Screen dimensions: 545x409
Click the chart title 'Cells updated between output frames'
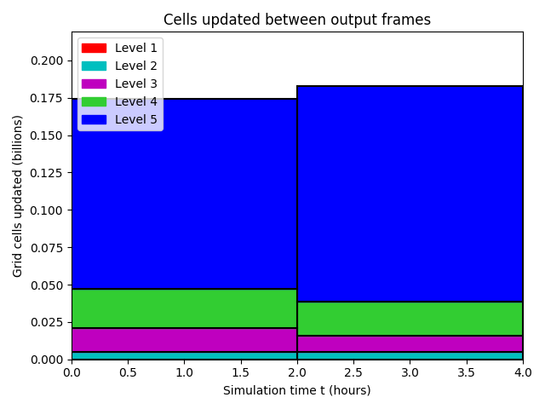click(297, 20)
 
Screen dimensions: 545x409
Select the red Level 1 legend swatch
click(94, 48)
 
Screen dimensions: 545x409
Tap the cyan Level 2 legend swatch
click(94, 66)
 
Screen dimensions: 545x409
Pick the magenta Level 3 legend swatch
click(94, 84)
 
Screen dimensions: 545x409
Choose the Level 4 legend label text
click(136, 101)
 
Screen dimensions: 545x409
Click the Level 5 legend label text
click(136, 119)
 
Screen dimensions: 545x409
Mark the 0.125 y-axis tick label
click(47, 173)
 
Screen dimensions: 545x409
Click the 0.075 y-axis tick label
click(47, 248)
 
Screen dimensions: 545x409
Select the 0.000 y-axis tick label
click(47, 360)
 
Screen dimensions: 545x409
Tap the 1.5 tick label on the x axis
click(240, 373)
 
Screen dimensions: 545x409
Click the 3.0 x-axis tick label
click(410, 373)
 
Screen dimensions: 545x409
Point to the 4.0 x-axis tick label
click(523, 373)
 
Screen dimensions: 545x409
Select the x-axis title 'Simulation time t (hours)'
click(297, 390)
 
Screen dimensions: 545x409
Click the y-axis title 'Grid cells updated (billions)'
click(17, 196)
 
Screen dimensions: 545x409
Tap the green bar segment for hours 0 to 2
click(185, 308)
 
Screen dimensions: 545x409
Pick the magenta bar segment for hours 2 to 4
click(410, 344)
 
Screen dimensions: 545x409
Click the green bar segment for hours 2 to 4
click(410, 319)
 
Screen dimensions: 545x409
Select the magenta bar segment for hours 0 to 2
click(185, 340)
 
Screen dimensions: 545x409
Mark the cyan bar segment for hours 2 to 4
click(410, 356)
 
